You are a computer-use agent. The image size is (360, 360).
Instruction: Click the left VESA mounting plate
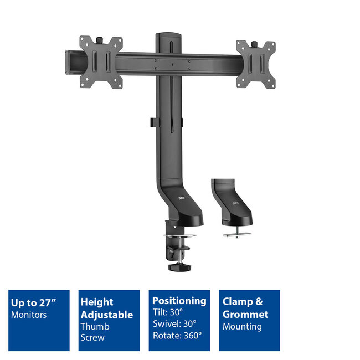[x=100, y=61]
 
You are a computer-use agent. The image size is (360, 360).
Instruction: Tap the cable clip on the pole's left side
[x=151, y=121]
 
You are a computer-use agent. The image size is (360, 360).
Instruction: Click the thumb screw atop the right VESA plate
[x=256, y=43]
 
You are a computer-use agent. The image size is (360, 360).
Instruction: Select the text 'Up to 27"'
[x=33, y=303]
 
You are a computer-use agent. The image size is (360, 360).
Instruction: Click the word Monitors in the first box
[x=29, y=315]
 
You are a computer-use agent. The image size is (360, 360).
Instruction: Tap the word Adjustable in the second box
[x=107, y=315]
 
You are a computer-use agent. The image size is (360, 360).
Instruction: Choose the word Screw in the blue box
[x=92, y=337]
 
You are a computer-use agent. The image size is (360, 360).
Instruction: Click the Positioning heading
[x=179, y=301]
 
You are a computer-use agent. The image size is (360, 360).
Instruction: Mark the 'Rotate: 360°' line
[x=177, y=335]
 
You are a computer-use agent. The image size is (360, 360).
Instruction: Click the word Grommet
[x=245, y=315]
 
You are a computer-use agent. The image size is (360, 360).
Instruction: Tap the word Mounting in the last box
[x=243, y=327]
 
